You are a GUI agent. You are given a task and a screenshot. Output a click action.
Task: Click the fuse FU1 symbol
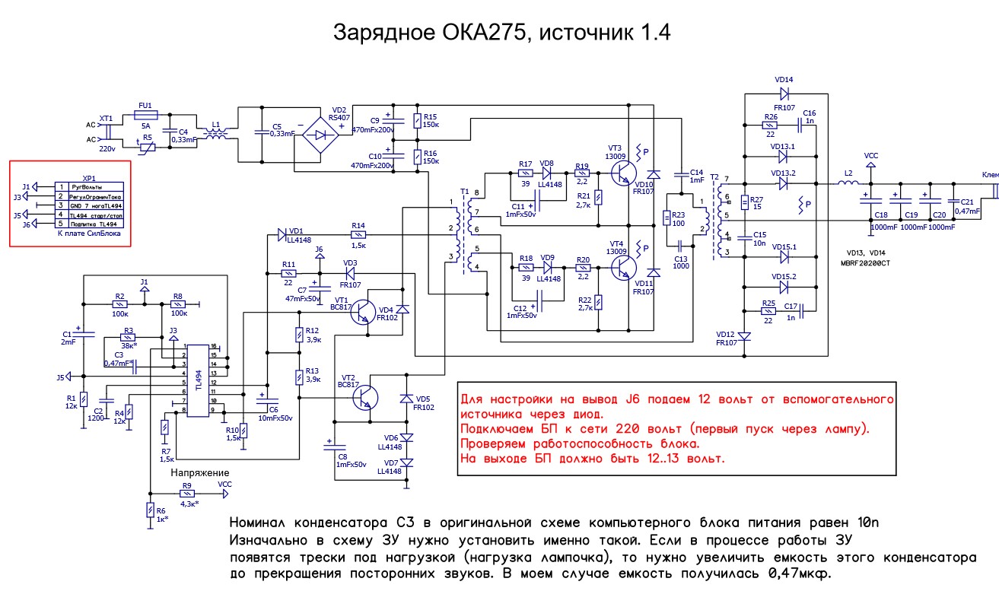tap(145, 115)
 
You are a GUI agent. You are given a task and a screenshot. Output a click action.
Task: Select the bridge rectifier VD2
tap(320, 135)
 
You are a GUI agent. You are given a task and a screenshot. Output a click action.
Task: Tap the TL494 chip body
tap(198, 380)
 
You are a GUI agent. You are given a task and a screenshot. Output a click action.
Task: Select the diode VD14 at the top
tap(784, 93)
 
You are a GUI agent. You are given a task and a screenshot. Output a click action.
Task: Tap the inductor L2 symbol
tap(846, 184)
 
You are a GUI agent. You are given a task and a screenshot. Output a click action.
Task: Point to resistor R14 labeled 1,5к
tap(358, 236)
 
